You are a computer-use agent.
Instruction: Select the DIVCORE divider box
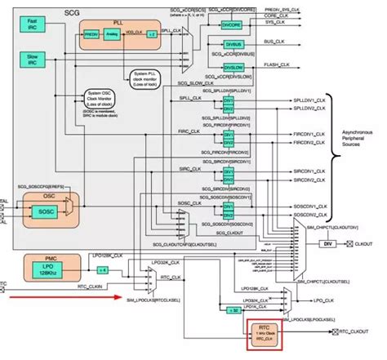coord(231,24)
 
